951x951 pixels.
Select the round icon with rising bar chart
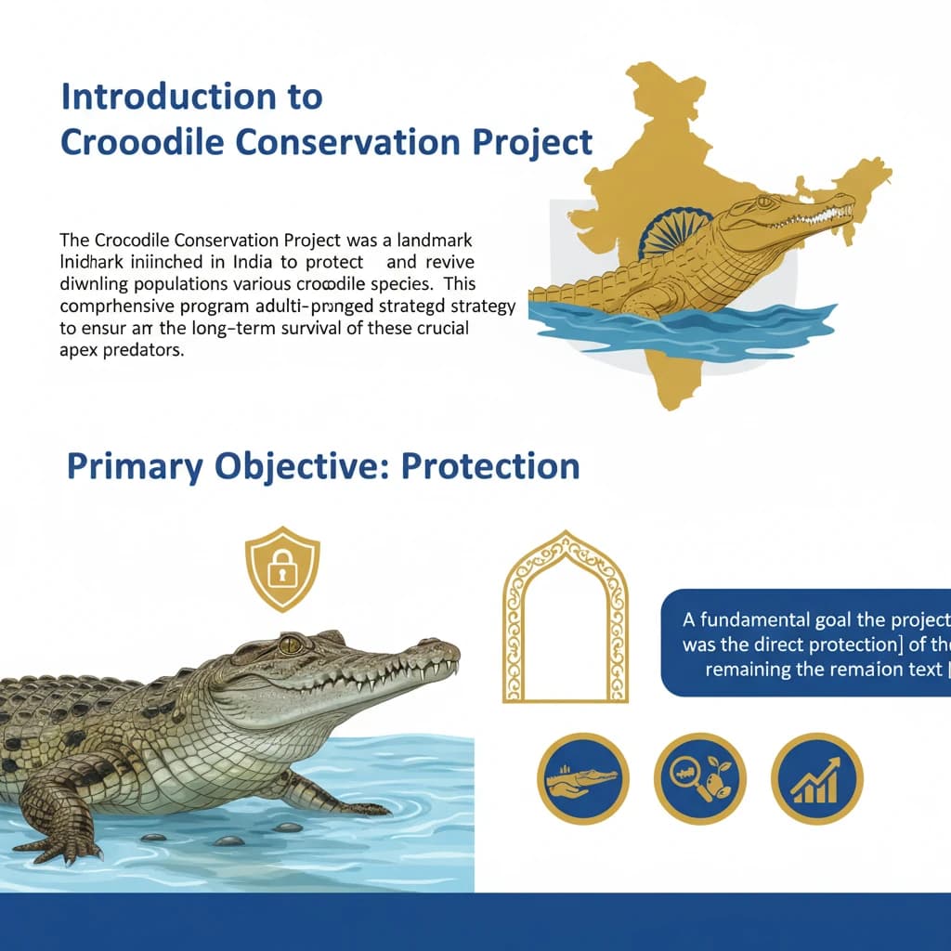click(817, 778)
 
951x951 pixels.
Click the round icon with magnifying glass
click(699, 778)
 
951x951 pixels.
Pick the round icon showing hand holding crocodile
click(583, 778)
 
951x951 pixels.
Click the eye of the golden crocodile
click(763, 202)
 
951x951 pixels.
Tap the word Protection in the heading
click(489, 465)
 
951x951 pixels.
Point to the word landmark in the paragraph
click(436, 240)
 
